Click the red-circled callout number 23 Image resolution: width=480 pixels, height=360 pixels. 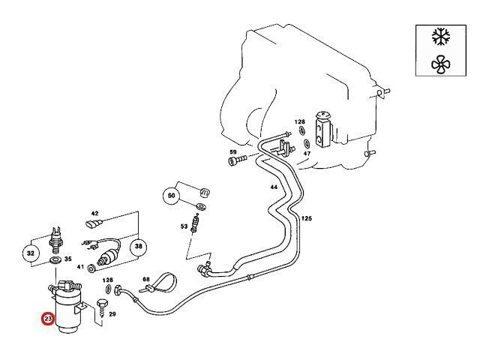click(49, 320)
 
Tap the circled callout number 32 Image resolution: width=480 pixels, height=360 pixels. click(31, 253)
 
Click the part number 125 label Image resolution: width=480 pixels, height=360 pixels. click(306, 218)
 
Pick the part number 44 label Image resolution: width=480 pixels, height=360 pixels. click(274, 187)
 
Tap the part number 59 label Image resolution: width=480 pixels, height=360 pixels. click(232, 151)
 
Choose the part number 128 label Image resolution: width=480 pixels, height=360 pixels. click(299, 121)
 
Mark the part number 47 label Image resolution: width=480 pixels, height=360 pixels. click(307, 153)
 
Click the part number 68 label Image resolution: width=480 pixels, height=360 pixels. click(146, 280)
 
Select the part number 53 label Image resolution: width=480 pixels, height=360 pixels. click(184, 226)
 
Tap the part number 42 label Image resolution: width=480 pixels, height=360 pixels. click(94, 214)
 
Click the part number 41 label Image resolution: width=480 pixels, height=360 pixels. click(80, 267)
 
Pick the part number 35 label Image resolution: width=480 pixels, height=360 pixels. click(68, 259)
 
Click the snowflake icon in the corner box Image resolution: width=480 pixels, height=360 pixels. click(439, 36)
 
